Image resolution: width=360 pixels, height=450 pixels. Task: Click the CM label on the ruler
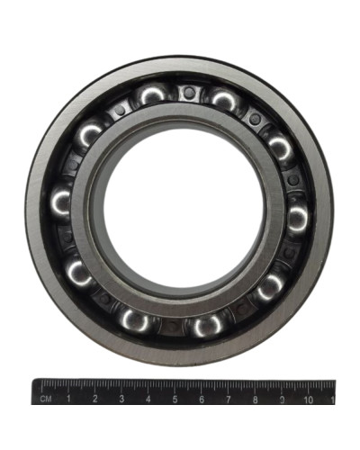click(x=46, y=399)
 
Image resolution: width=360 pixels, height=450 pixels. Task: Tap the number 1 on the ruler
click(x=68, y=399)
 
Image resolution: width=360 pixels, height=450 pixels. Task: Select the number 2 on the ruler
click(x=95, y=399)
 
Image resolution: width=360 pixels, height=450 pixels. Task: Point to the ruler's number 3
click(x=121, y=399)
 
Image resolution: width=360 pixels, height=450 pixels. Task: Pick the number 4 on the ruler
click(x=148, y=400)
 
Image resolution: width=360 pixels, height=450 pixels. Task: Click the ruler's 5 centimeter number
click(x=175, y=400)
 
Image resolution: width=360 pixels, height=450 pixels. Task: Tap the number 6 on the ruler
click(x=202, y=400)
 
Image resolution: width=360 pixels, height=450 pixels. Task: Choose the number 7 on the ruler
click(x=229, y=400)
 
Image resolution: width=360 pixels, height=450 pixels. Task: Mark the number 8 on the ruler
click(x=255, y=400)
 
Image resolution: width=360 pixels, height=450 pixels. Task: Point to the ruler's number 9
click(x=282, y=400)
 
